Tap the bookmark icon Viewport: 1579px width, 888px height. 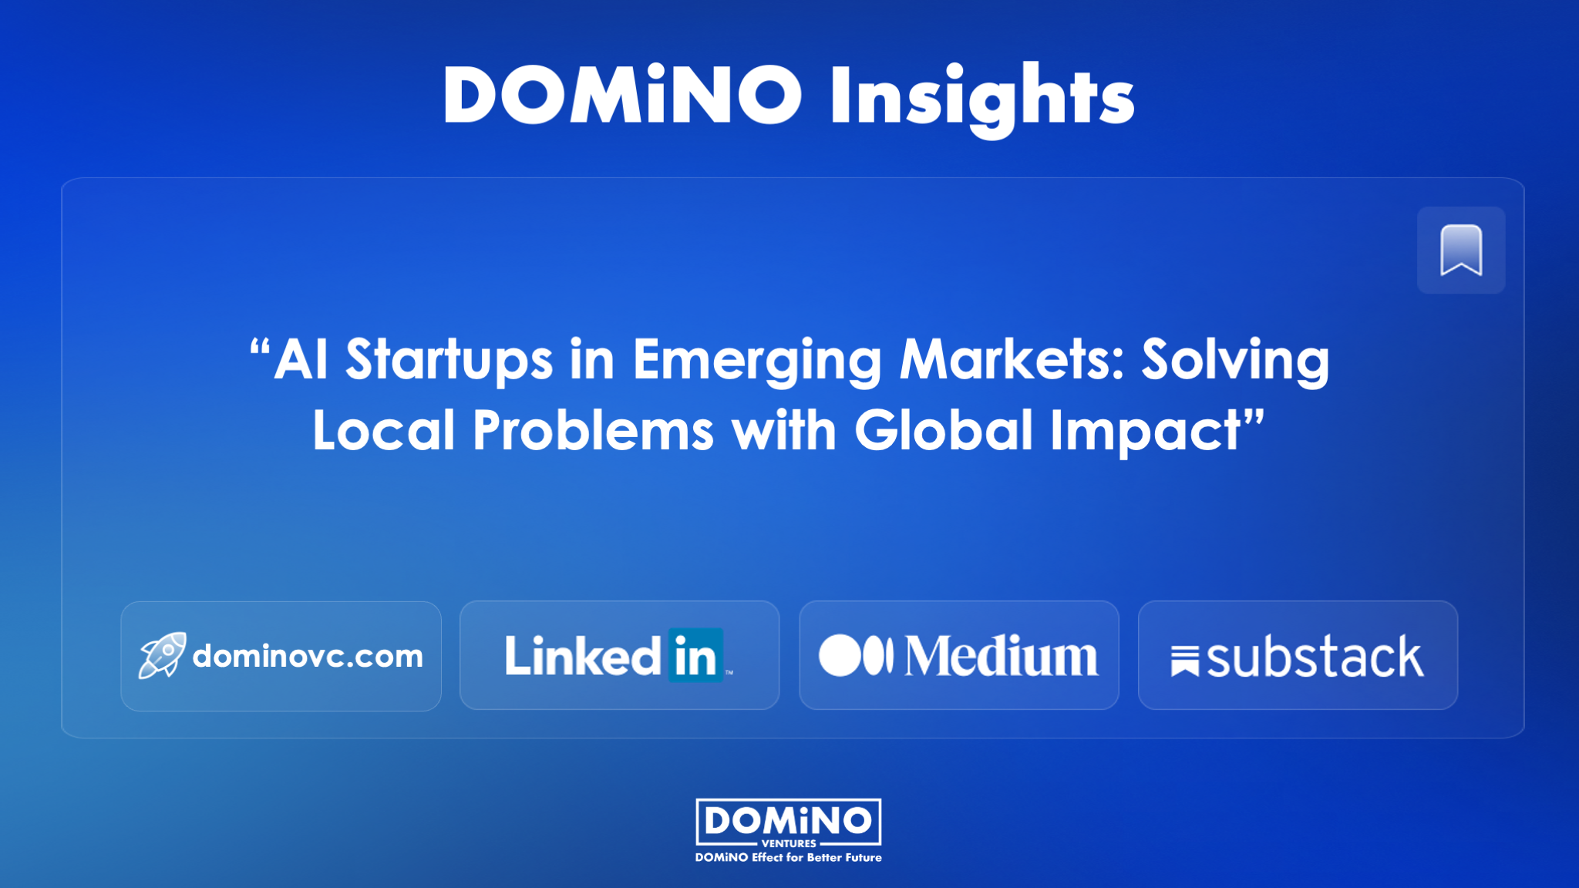[1461, 250]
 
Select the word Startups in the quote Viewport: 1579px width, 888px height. [449, 361]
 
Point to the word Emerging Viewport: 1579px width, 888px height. [757, 361]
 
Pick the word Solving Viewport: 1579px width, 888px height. [1236, 361]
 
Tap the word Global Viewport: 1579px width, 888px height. [944, 430]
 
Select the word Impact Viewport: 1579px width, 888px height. [1146, 432]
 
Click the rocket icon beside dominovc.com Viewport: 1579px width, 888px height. [162, 655]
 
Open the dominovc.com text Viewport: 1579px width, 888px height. [308, 657]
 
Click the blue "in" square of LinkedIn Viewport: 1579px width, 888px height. [696, 655]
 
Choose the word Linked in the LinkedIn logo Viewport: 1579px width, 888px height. [583, 656]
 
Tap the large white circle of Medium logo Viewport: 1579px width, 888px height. [840, 655]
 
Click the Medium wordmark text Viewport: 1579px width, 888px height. [1002, 656]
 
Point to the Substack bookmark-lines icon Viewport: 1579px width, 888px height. [1185, 661]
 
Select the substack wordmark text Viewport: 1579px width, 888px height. [1315, 657]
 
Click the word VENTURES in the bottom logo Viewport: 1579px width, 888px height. [789, 843]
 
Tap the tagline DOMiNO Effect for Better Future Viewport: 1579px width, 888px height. [789, 857]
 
